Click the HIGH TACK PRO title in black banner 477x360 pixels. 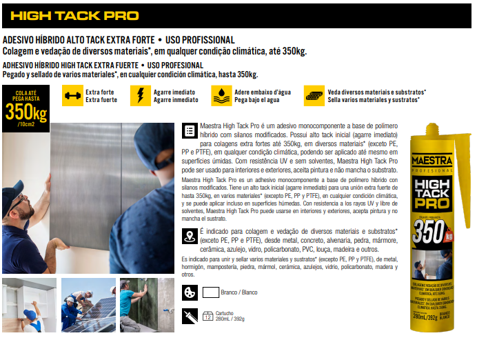[74, 15]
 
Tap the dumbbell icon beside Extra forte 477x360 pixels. [72, 95]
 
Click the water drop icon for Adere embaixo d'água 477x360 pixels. [221, 95]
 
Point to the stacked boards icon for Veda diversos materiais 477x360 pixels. [315, 95]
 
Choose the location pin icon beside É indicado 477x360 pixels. [189, 236]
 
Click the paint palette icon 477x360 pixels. [189, 292]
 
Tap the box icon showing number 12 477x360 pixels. [208, 317]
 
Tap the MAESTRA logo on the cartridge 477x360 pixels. [431, 163]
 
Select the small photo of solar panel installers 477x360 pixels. [88, 305]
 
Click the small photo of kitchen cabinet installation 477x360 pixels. [29, 305]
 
